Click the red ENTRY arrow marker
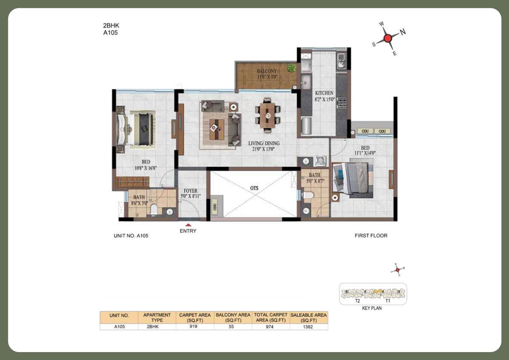point(188,225)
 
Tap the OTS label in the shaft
point(254,188)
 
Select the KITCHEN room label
point(324,93)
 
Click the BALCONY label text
point(266,71)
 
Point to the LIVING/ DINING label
point(264,143)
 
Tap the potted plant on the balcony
point(292,68)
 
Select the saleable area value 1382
point(309,327)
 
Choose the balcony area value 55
point(233,327)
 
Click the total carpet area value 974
point(271,327)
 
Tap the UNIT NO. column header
point(119,316)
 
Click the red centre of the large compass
point(388,38)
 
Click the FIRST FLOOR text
point(371,236)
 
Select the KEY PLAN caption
point(372,308)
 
